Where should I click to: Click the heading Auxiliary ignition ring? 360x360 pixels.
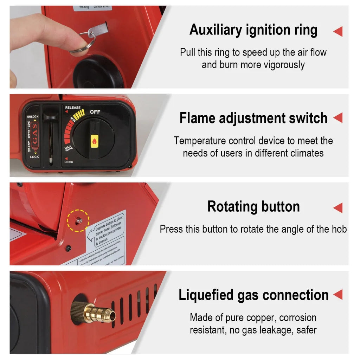click(x=253, y=30)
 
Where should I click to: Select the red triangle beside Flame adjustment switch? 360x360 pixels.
click(x=338, y=118)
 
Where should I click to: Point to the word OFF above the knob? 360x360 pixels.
click(x=95, y=112)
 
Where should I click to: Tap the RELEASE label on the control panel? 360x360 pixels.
click(x=72, y=108)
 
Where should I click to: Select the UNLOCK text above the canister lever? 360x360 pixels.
click(x=33, y=117)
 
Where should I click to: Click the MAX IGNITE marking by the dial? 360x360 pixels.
click(x=69, y=149)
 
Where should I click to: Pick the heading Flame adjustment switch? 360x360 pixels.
click(x=253, y=118)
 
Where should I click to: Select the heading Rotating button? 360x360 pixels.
click(x=253, y=207)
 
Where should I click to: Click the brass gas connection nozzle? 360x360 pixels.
click(x=94, y=311)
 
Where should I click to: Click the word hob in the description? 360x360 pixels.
click(x=340, y=229)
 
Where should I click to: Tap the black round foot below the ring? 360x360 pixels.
click(x=95, y=72)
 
